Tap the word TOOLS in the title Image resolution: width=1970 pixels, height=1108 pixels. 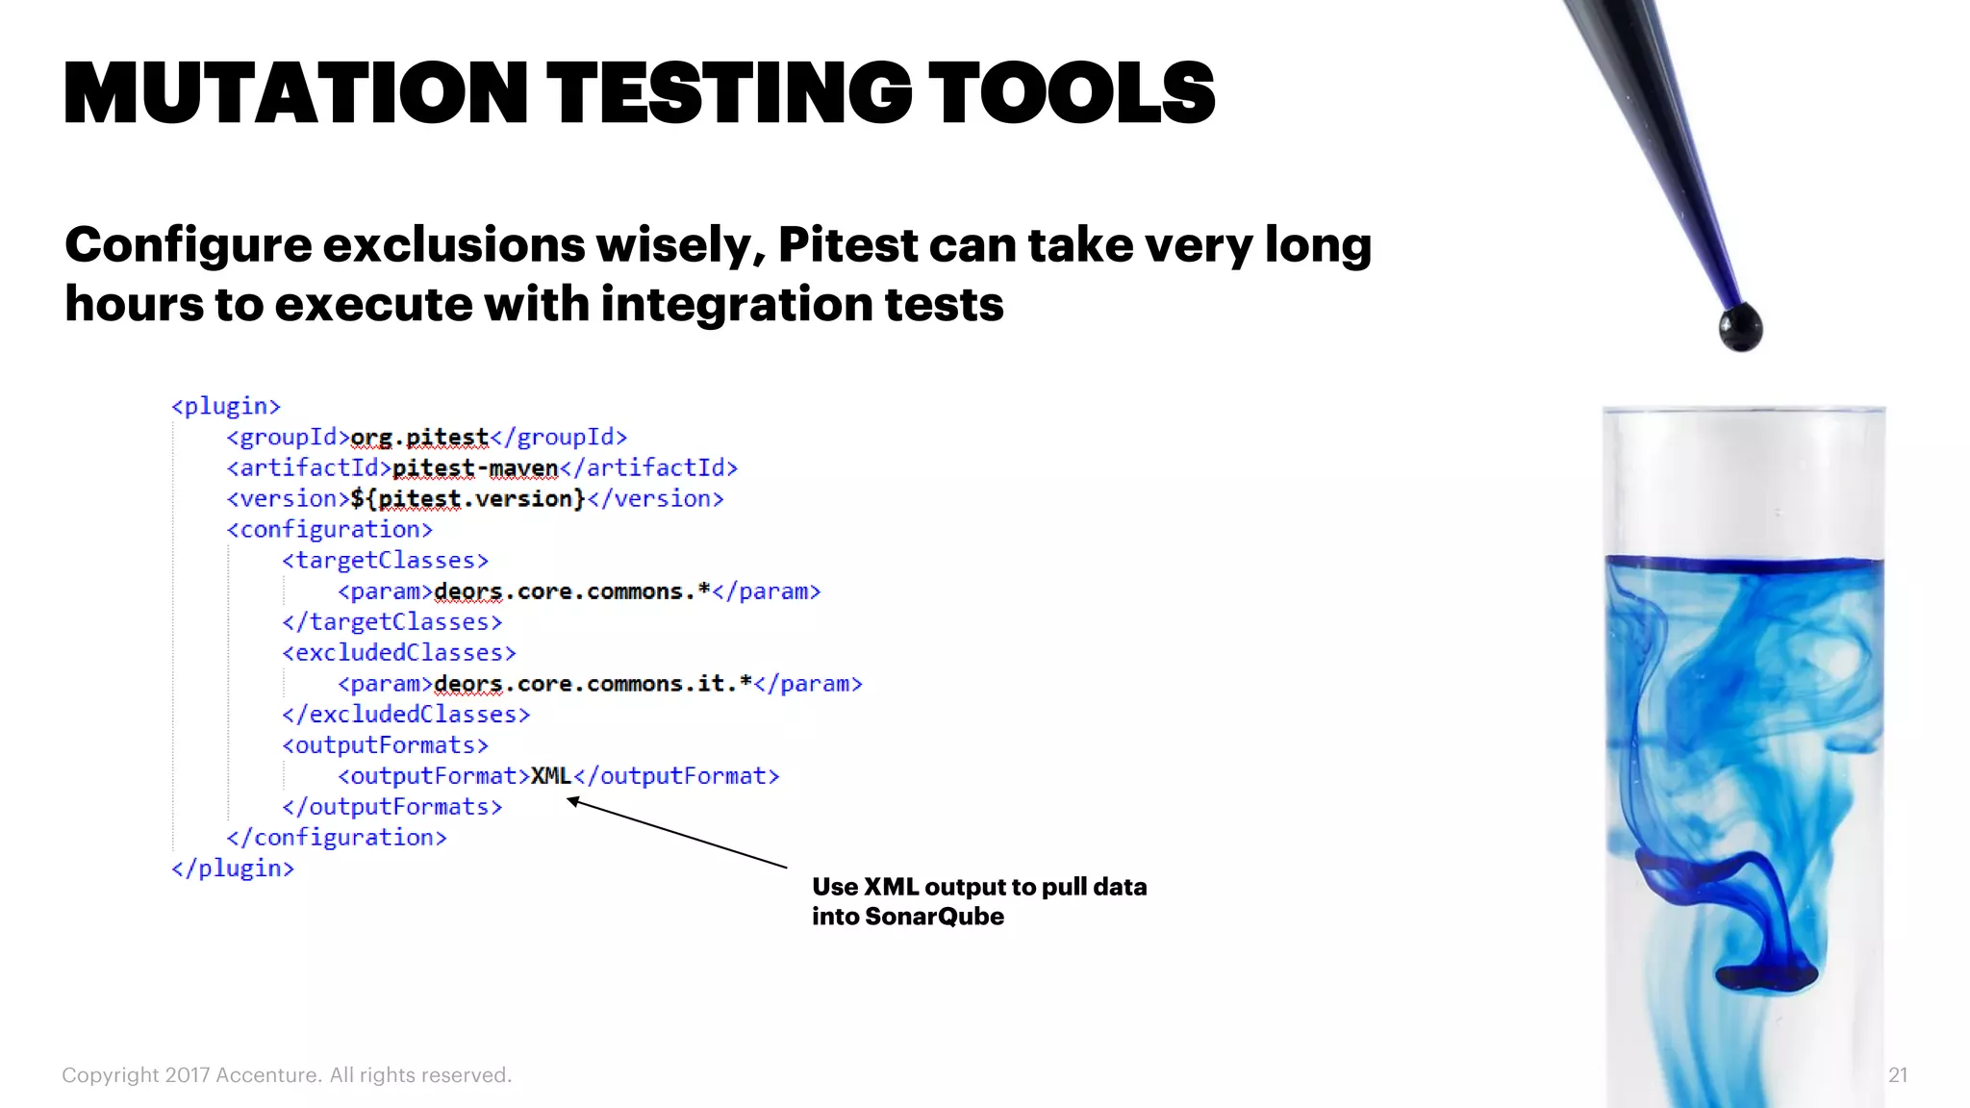tap(1072, 93)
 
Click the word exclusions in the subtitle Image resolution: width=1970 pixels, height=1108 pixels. tap(453, 244)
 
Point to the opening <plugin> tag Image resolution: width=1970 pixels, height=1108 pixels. tap(226, 406)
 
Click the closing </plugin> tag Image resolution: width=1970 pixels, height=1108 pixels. tap(233, 868)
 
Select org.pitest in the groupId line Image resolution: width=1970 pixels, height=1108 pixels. tap(419, 438)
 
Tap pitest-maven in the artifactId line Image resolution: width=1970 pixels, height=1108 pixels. tap(475, 468)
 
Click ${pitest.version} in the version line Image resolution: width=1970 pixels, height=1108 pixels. tap(467, 499)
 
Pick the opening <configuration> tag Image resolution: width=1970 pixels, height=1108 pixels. tap(330, 530)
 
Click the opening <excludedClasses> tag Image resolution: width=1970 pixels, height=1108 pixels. tap(399, 653)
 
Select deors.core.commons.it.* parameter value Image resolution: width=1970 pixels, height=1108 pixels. tap(593, 684)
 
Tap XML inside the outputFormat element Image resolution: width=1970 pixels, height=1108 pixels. tap(551, 776)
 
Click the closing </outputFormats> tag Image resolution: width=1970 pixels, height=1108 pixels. tap(392, 807)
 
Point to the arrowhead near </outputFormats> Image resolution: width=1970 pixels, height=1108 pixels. tap(573, 801)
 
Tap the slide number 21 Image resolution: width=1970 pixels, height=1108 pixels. tap(1897, 1075)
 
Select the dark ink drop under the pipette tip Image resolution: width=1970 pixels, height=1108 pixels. tap(1740, 327)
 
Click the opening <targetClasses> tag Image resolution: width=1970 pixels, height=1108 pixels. tap(386, 561)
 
